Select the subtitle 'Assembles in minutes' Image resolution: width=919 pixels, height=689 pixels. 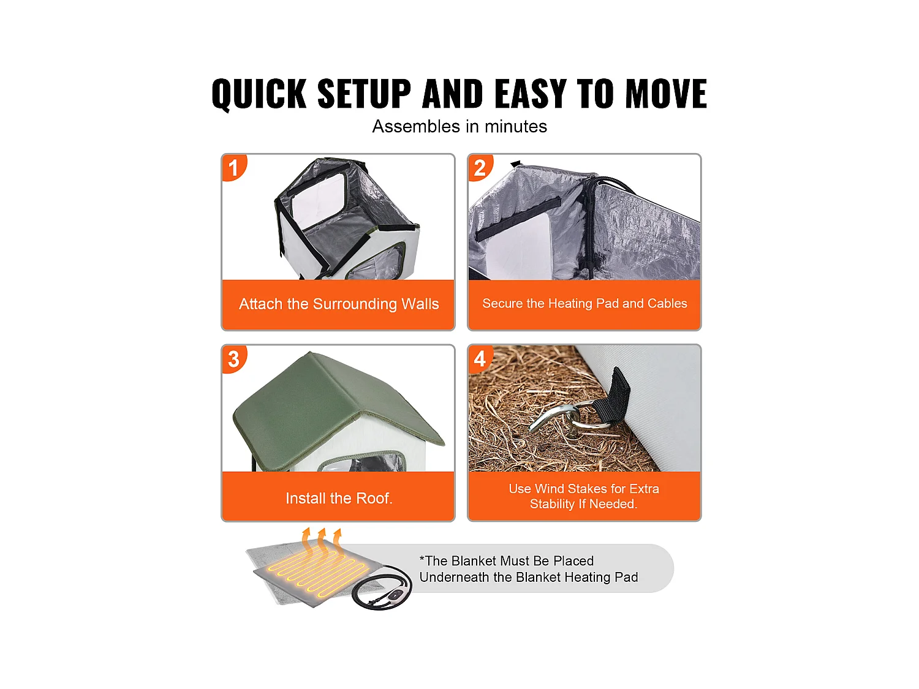point(459,126)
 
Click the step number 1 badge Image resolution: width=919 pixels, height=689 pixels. point(233,167)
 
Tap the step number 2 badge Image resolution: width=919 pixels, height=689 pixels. point(480,167)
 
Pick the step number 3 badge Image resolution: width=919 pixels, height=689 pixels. point(233,359)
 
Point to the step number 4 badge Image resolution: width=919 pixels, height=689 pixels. point(480,359)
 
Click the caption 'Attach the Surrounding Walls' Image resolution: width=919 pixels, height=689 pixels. point(339,304)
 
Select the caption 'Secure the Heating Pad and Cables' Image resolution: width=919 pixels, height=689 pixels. point(584,303)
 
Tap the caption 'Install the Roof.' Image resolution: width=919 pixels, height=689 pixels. point(339,498)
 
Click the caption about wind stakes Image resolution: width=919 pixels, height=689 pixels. point(584,496)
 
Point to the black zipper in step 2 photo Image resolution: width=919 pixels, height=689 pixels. point(589,227)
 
